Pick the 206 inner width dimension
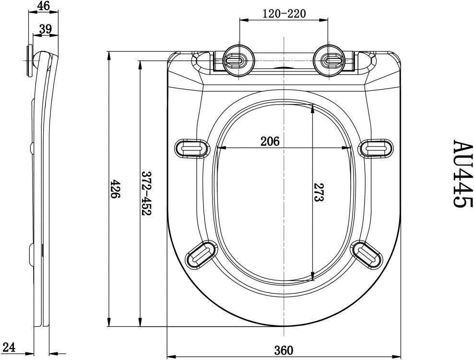(x=270, y=141)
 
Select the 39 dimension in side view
(x=46, y=29)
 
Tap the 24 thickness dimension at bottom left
(x=10, y=348)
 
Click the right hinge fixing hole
(x=329, y=60)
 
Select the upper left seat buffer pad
(x=191, y=148)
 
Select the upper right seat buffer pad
(x=378, y=148)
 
